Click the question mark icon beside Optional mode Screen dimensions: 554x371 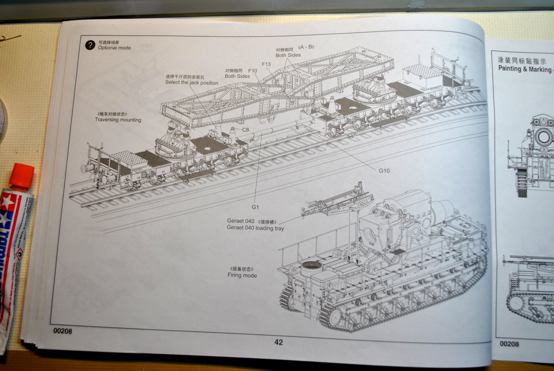click(90, 45)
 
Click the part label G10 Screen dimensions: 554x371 click(384, 171)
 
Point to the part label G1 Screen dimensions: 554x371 click(255, 207)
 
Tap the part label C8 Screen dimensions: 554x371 click(246, 130)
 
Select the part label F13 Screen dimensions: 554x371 click(266, 64)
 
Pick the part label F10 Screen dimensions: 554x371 click(253, 71)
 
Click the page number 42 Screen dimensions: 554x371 click(278, 342)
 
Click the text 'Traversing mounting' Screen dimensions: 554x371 click(118, 120)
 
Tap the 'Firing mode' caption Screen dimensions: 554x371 click(242, 275)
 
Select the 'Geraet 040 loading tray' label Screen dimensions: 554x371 click(255, 228)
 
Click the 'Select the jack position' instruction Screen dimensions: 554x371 click(191, 83)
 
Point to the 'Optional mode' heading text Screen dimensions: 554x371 click(114, 48)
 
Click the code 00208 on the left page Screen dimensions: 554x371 click(63, 331)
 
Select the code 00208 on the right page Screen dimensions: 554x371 click(509, 344)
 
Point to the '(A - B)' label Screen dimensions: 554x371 click(306, 47)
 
